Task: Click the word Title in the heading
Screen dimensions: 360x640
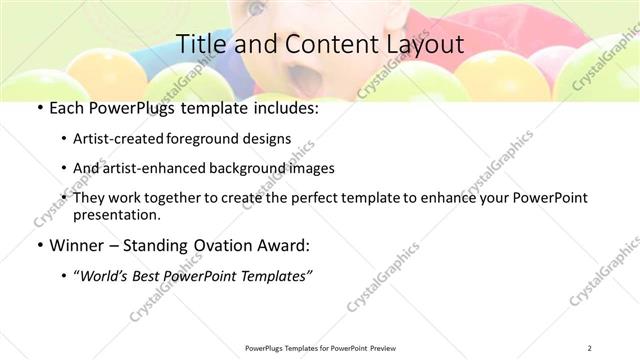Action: [199, 45]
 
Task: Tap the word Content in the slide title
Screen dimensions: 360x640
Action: [314, 45]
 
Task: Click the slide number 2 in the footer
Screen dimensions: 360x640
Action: [590, 348]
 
